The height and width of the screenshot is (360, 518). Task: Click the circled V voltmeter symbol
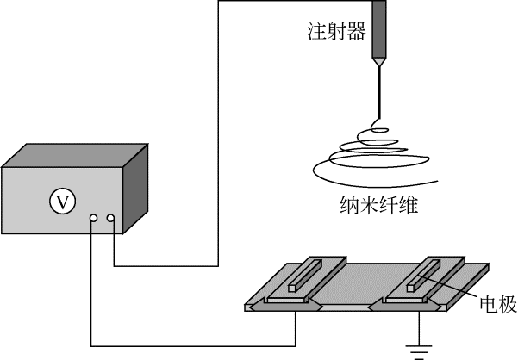coord(61,202)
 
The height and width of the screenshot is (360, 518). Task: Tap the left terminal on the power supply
coord(92,219)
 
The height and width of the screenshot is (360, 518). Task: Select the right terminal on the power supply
coord(110,219)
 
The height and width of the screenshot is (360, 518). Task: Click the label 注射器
coord(337,33)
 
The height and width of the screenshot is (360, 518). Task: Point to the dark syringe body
coord(378,39)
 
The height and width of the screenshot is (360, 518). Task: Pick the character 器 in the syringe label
coord(357,33)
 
